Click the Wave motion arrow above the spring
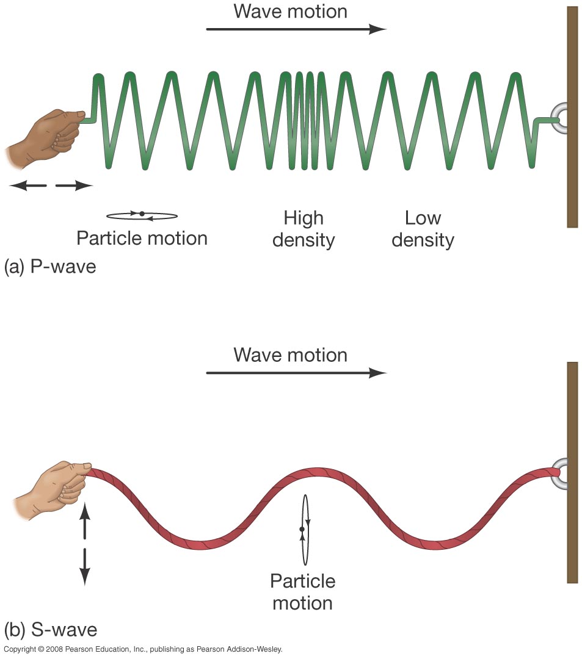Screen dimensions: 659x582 [296, 29]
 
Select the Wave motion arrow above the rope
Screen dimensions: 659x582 [296, 372]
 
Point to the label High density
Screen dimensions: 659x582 [304, 229]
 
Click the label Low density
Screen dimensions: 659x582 [423, 229]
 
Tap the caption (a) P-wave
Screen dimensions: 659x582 [50, 267]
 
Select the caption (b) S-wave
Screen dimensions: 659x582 [51, 629]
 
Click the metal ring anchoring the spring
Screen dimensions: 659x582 [559, 118]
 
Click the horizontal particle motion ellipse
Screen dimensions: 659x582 [142, 215]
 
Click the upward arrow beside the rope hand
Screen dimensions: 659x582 [85, 519]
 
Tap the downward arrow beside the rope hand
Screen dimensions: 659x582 [85, 566]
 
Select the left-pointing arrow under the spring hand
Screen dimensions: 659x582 [27, 186]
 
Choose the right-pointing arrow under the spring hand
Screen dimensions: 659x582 [73, 186]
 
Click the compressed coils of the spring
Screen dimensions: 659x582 [309, 119]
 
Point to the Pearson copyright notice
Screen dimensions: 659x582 [143, 649]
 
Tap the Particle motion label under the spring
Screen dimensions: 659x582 [142, 238]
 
